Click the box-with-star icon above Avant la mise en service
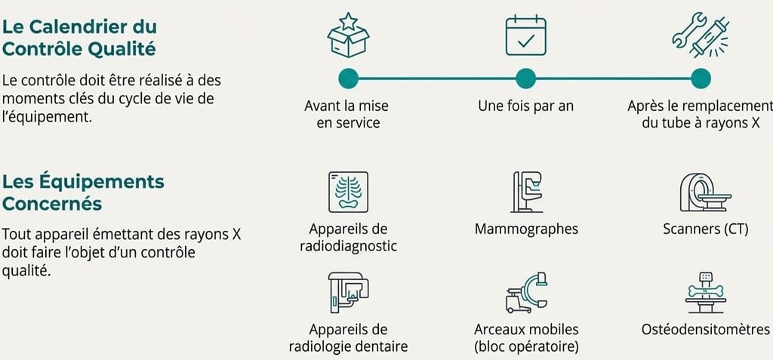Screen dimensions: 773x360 tap(348, 35)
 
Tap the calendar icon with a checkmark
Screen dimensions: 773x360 tap(525, 35)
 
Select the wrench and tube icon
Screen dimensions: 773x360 tap(701, 34)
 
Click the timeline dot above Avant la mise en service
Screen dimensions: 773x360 tap(348, 78)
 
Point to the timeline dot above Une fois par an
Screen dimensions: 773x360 tap(525, 78)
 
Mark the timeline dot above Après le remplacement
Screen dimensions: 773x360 tap(701, 78)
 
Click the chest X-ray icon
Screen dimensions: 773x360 tap(348, 192)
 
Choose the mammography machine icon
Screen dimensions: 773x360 tap(526, 192)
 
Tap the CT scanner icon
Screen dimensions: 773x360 tap(704, 192)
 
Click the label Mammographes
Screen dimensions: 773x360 tap(526, 229)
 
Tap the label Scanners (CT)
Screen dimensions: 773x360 tap(705, 229)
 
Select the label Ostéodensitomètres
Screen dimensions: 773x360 tap(705, 330)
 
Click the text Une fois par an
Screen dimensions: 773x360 tap(525, 106)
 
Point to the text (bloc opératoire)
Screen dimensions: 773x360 tap(526, 347)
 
